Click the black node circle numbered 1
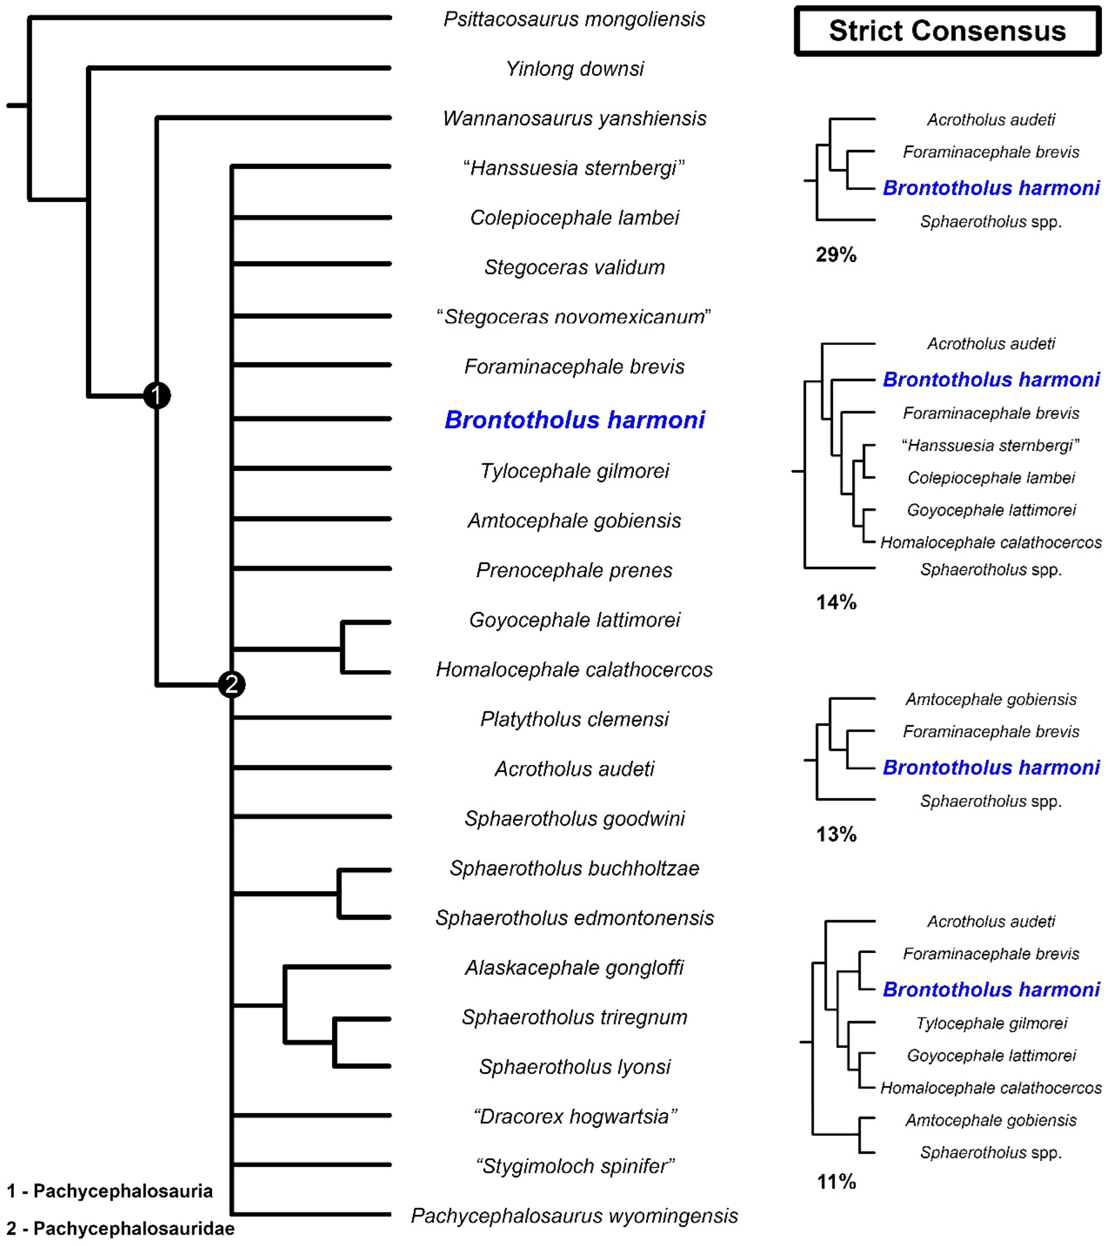[157, 396]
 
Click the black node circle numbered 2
[232, 684]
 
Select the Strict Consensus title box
[947, 31]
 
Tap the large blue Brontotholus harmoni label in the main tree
[574, 420]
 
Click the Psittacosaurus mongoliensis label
[574, 19]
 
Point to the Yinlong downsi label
[574, 68]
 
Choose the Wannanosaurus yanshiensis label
[574, 118]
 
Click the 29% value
[836, 254]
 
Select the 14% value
[836, 602]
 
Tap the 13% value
[836, 834]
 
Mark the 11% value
[836, 1181]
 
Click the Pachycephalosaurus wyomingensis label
[574, 1216]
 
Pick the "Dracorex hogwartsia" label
[574, 1116]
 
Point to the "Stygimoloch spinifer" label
[574, 1166]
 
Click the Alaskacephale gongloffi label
[574, 968]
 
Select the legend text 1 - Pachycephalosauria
[109, 1191]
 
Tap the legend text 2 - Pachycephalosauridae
[120, 1228]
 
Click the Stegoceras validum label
[574, 267]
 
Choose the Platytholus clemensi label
[574, 719]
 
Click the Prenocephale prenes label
[574, 570]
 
